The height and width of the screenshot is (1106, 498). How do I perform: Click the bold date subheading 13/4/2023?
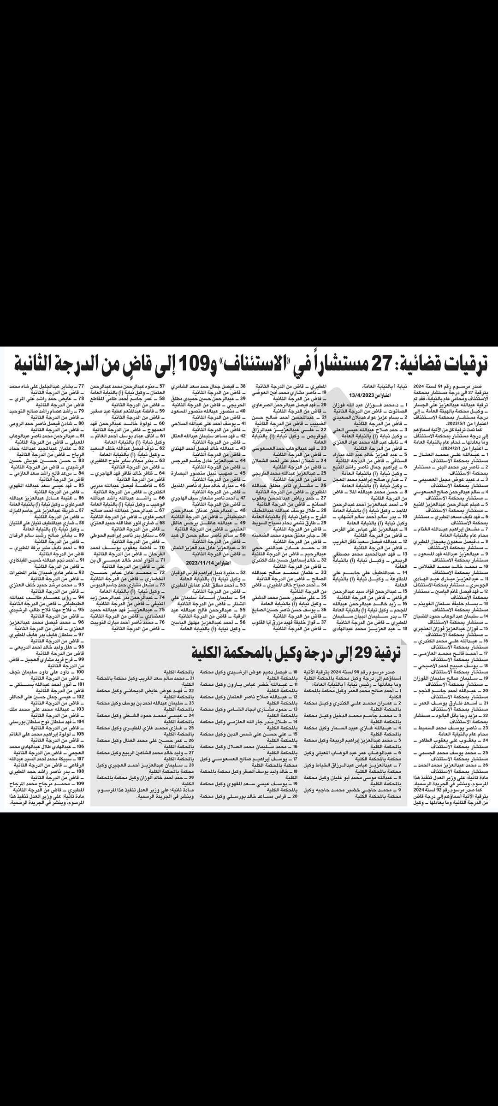tap(362, 394)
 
